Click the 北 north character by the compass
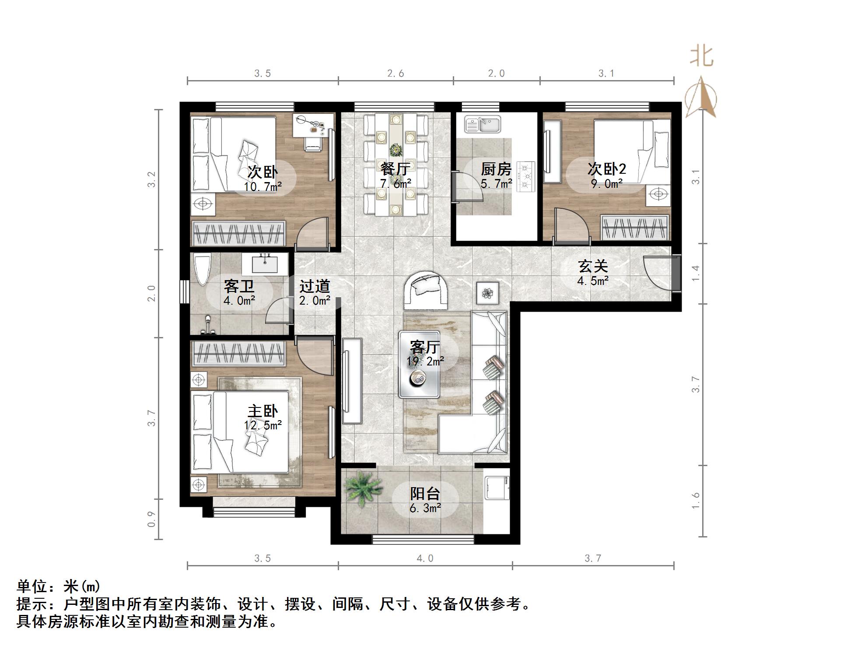pyautogui.click(x=701, y=57)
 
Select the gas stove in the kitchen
pyautogui.click(x=526, y=177)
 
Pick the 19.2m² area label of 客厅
pyautogui.click(x=425, y=362)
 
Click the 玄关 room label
pyautogui.click(x=593, y=266)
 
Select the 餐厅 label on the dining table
pyautogui.click(x=395, y=169)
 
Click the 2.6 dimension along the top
pyautogui.click(x=395, y=74)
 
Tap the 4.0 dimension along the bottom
pyautogui.click(x=425, y=558)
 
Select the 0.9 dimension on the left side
pyautogui.click(x=151, y=519)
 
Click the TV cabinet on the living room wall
pyautogui.click(x=352, y=381)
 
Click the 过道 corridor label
pyautogui.click(x=315, y=286)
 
